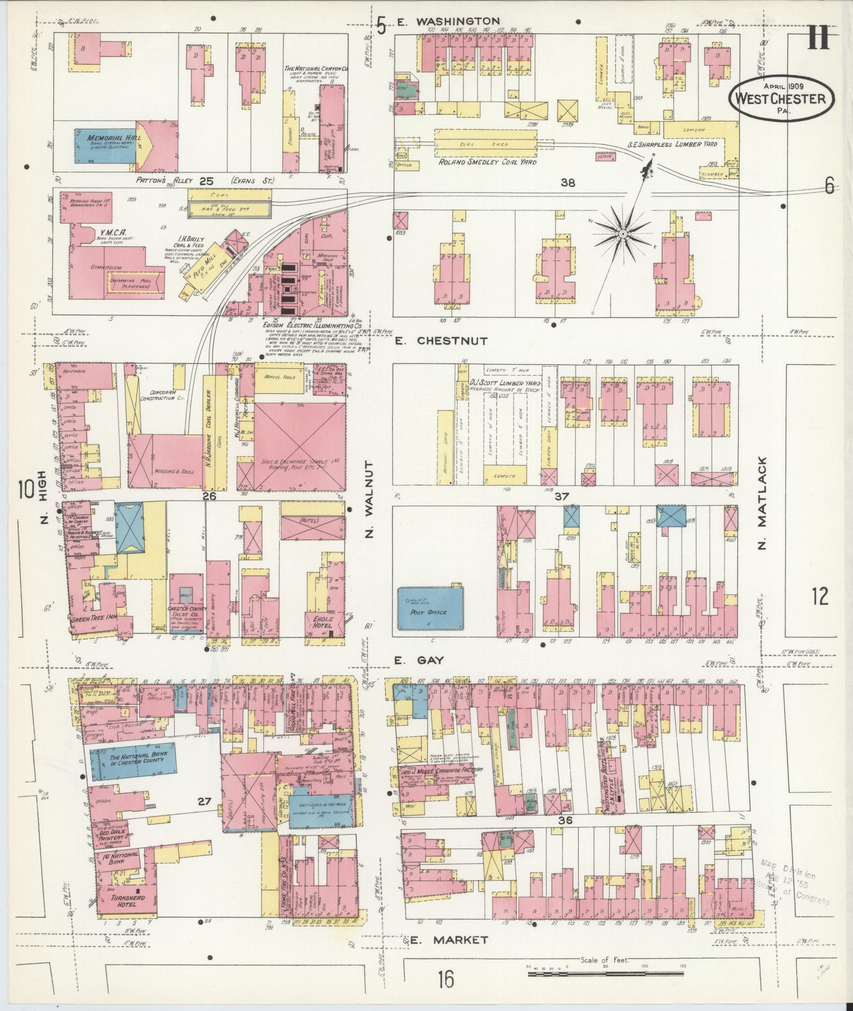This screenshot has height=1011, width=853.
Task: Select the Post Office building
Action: click(431, 609)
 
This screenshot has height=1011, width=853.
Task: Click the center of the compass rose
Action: click(622, 233)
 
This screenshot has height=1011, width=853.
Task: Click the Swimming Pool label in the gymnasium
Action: click(129, 283)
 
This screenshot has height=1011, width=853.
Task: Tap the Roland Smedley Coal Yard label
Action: click(487, 162)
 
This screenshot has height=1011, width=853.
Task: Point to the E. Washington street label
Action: click(448, 22)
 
